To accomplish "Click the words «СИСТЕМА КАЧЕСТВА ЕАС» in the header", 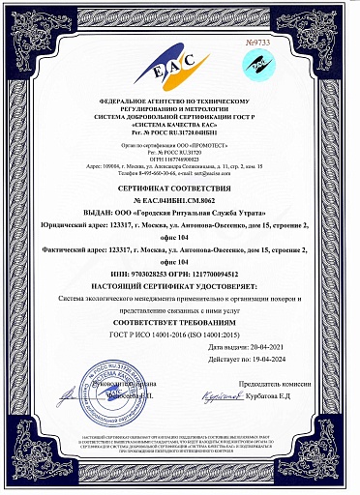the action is [x=180, y=125].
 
